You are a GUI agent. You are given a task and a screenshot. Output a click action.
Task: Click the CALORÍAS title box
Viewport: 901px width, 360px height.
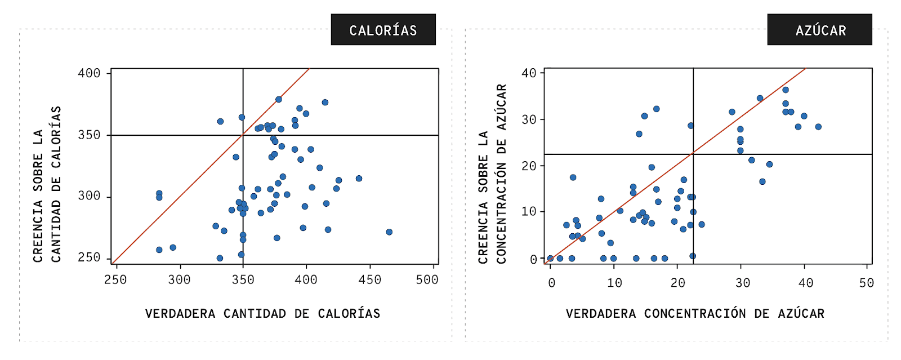[383, 30]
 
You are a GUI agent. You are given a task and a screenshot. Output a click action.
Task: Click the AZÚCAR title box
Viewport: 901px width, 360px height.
[819, 30]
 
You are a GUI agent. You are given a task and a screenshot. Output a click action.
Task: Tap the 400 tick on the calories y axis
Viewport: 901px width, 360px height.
[89, 73]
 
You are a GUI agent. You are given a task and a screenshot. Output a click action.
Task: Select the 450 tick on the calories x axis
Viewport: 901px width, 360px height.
[370, 280]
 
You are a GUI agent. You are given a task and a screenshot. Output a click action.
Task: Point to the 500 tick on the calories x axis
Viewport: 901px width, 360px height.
[427, 280]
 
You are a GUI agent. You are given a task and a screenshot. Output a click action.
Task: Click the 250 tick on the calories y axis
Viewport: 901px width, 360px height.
[89, 257]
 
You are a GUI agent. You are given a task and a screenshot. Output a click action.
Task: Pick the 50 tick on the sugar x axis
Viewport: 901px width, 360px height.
[867, 283]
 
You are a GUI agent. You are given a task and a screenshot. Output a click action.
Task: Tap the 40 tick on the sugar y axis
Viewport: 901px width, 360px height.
[529, 73]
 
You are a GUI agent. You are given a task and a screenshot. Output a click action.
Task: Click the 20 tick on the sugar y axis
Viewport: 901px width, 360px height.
[529, 166]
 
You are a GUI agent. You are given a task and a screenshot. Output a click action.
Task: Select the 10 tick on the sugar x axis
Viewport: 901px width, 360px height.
[614, 283]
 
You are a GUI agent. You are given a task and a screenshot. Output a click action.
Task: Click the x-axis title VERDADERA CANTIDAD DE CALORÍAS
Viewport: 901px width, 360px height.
[262, 314]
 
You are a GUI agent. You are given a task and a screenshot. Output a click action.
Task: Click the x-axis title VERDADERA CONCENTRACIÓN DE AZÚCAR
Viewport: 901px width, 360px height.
[695, 314]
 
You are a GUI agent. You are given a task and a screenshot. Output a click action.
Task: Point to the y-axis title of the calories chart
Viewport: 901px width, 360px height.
[47, 184]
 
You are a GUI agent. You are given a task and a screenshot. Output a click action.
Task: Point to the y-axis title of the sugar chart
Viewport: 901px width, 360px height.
[492, 174]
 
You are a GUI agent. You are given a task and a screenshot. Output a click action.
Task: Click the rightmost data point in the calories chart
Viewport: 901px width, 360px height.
[389, 232]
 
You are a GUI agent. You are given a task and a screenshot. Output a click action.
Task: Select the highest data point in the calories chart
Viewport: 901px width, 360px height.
[278, 99]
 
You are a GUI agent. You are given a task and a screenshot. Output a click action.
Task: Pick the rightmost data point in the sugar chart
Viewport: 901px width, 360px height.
[818, 127]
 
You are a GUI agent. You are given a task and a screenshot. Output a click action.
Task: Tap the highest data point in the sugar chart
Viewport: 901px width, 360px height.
[786, 90]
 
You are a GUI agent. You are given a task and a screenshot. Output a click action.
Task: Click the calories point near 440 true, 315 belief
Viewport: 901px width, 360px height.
[359, 179]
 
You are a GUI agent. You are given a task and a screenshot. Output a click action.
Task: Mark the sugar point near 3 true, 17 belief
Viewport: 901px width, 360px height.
[573, 177]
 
